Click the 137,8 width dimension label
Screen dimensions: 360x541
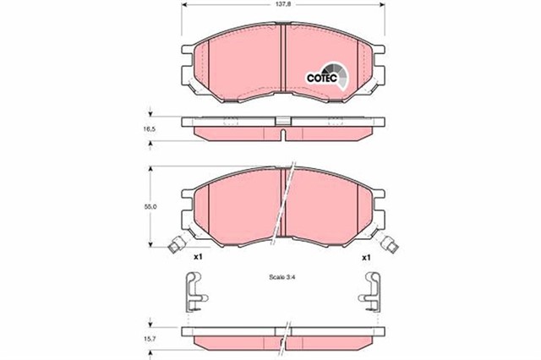pyautogui.click(x=282, y=5)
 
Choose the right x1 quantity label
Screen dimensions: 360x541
pyautogui.click(x=366, y=256)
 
